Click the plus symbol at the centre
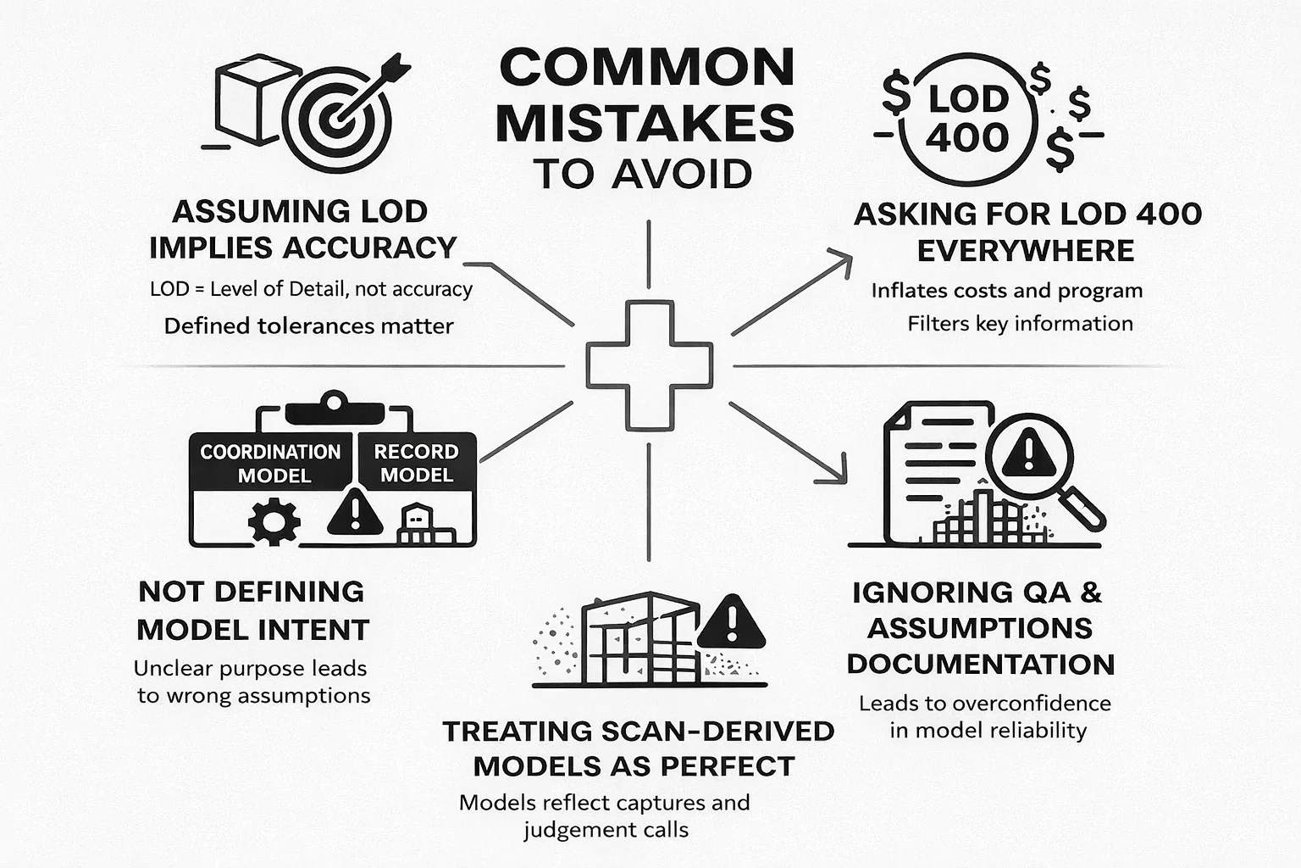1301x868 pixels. click(x=650, y=365)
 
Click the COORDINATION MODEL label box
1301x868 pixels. click(x=271, y=463)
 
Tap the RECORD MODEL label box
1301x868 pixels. click(x=416, y=463)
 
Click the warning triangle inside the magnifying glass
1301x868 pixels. click(x=1028, y=453)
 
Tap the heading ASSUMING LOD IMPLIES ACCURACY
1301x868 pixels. click(x=302, y=229)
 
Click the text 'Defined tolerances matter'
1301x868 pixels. click(x=308, y=326)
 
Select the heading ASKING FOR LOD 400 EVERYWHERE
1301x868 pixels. click(x=1027, y=232)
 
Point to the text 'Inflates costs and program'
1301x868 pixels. click(x=1006, y=291)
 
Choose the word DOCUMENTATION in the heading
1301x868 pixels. click(x=981, y=664)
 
